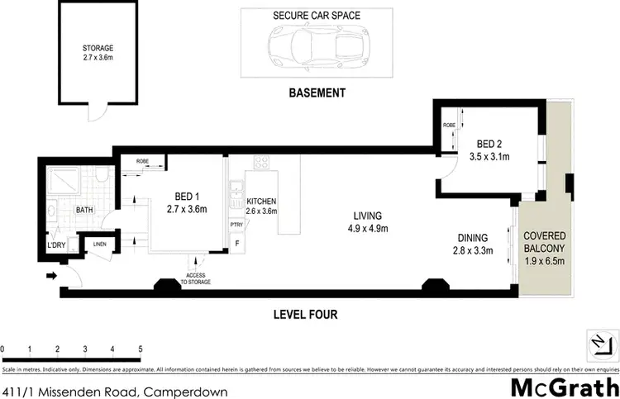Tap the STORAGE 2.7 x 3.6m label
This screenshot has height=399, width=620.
coord(98,54)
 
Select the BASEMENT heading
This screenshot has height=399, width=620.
coord(317,93)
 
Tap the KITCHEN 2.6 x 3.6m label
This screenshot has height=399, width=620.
coord(260,207)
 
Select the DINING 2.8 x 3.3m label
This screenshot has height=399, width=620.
coord(471,244)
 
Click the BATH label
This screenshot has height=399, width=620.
coord(84,211)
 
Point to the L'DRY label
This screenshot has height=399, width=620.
coord(57,245)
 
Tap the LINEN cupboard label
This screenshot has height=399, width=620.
coord(100,244)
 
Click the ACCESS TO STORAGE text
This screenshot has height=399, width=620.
coord(197,278)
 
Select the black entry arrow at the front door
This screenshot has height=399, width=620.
coord(52,276)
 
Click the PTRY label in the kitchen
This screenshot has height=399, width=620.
coord(236,224)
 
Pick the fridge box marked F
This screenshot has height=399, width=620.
coord(238,243)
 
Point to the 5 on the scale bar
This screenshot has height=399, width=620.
coord(141,349)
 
